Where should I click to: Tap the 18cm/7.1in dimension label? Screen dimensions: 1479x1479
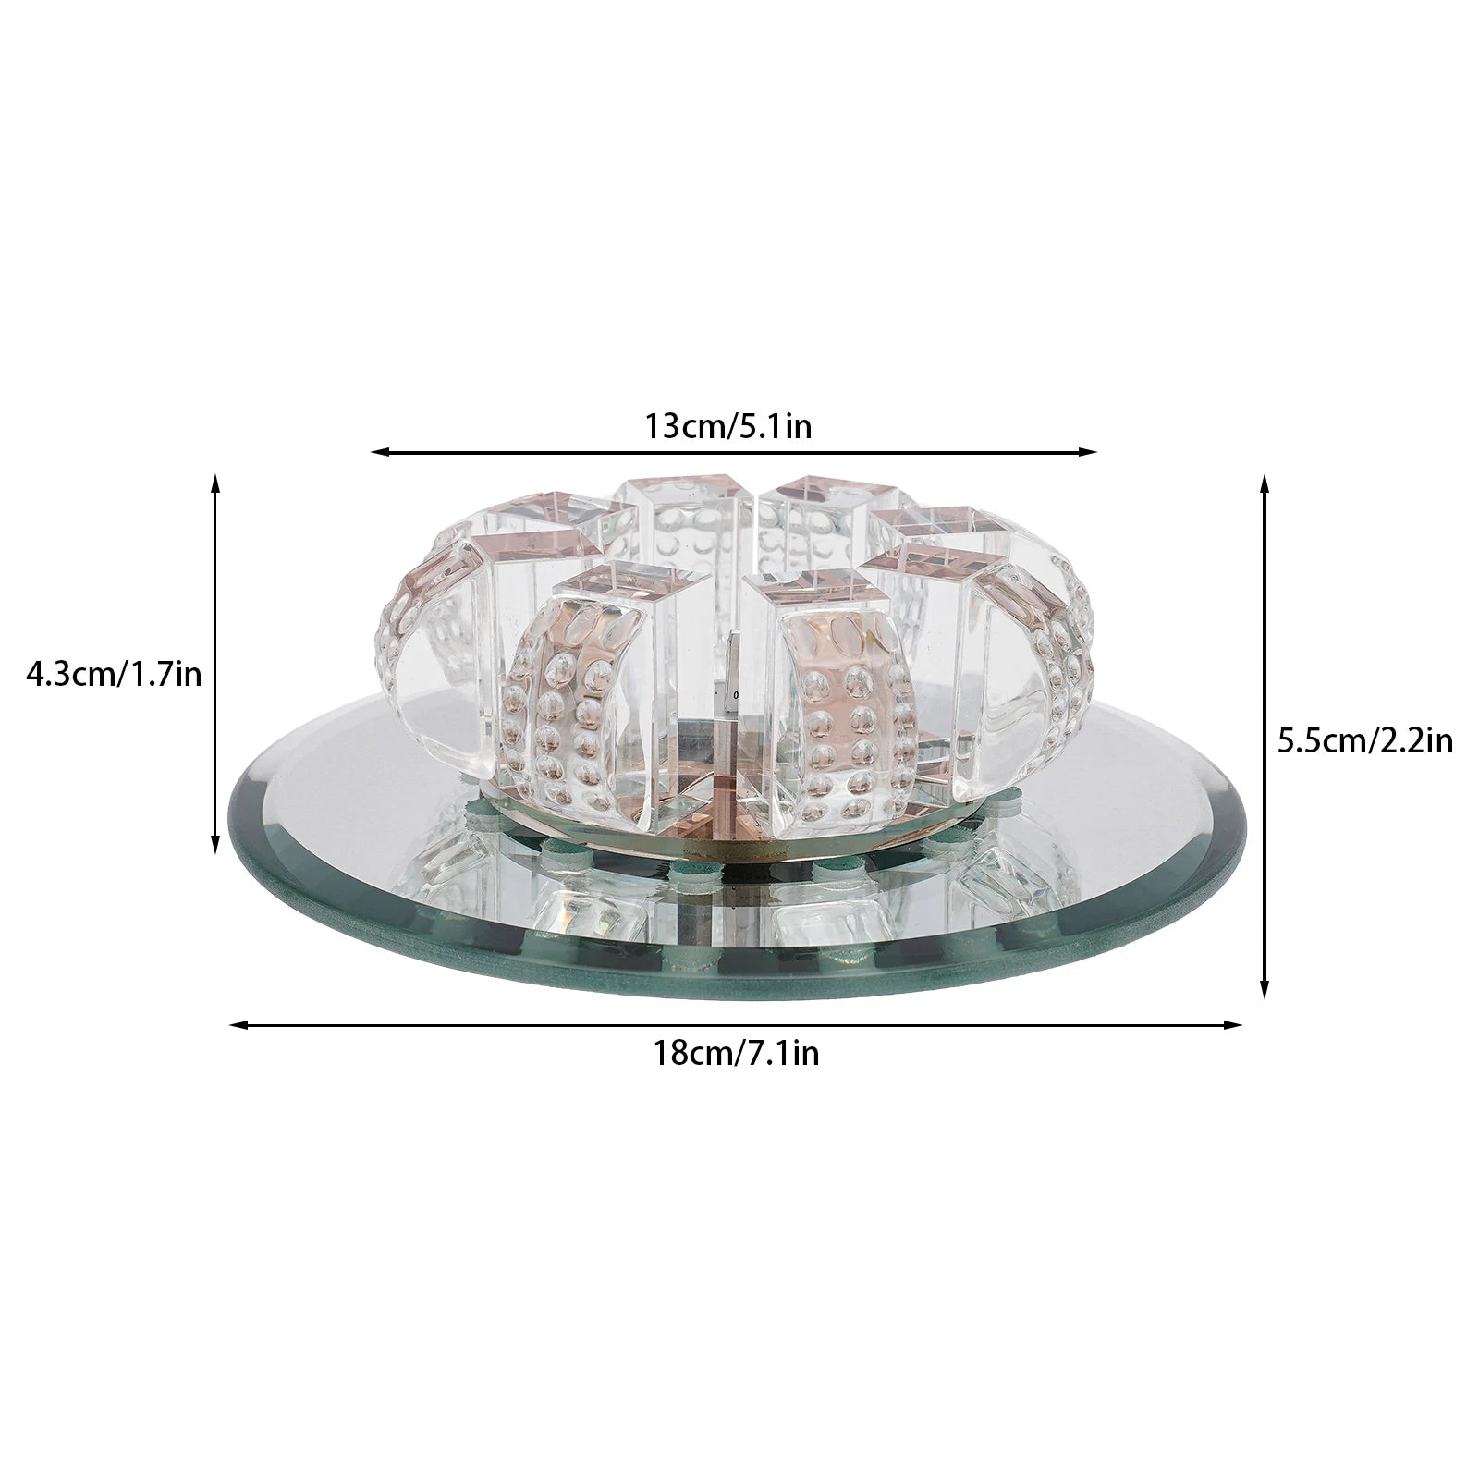click(737, 1053)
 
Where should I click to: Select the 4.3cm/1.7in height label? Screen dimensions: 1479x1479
click(113, 674)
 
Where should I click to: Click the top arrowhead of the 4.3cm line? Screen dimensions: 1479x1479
click(215, 481)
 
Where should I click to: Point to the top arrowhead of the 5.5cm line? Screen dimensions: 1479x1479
click(1265, 481)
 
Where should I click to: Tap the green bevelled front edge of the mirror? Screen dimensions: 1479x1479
click(730, 975)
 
